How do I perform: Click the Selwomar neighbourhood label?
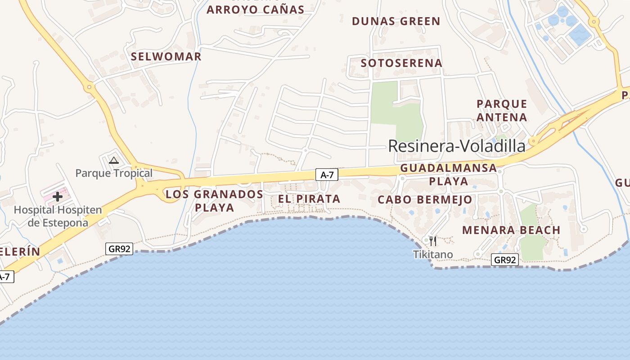coord(166,57)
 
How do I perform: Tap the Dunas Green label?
coord(396,21)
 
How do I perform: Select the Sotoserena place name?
coord(401,63)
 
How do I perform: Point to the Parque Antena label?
coord(502,111)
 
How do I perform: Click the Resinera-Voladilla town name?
coord(456,146)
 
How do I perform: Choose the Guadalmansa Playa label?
coord(448,175)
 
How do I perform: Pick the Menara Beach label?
coord(511,230)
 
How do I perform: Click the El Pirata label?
coord(309,199)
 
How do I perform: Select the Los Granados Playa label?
coord(214,201)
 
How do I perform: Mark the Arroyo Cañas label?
coord(255,9)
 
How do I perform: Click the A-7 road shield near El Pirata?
coord(327,175)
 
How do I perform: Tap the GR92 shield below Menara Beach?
coord(505,260)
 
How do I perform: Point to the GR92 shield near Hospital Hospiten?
coord(119,248)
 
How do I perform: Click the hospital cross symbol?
coord(58,197)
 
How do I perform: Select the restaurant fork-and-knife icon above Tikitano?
coord(433,241)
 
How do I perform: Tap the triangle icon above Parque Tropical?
coord(114,160)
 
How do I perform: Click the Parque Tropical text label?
coord(114,173)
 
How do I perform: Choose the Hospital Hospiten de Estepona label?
coord(58,216)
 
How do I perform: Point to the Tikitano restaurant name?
coord(433,255)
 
